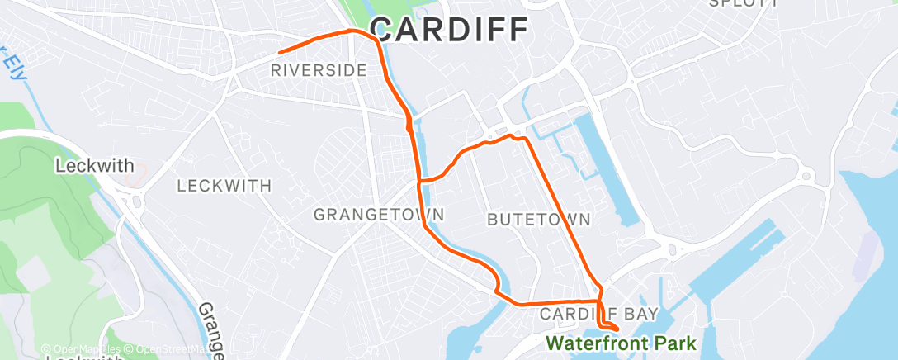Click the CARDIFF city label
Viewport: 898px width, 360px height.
pos(448,30)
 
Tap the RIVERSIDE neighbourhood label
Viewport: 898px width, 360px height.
pos(319,71)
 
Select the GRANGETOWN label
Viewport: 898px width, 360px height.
pos(379,215)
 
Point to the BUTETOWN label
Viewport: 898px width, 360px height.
pos(539,220)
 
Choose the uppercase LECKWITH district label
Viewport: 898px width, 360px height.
pos(224,185)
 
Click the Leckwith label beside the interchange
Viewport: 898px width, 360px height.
pos(94,166)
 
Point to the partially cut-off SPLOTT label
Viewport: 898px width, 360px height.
pos(744,3)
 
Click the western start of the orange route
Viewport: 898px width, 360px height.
pos(281,54)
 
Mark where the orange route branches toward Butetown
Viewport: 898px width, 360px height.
pos(420,180)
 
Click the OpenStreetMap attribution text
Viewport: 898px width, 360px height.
pos(166,350)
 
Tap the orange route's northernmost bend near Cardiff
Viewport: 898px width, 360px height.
pos(353,31)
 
